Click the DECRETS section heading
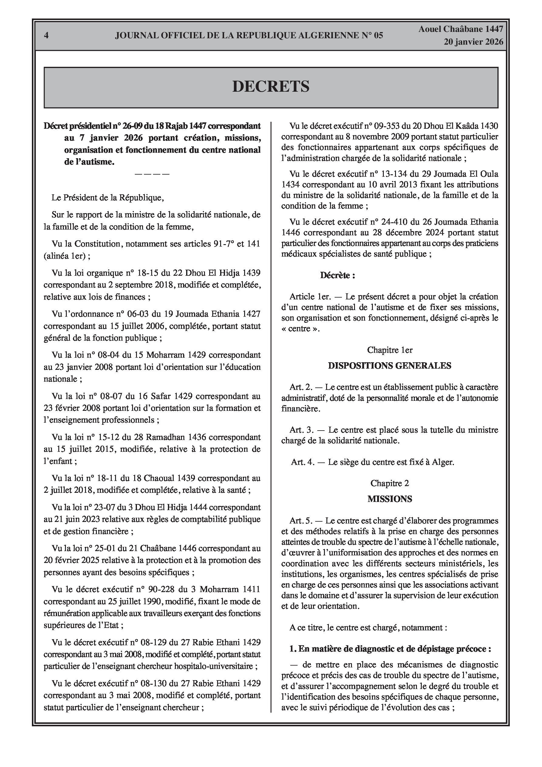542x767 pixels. point(271,87)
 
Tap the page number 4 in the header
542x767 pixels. point(46,36)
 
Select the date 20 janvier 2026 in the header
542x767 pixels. point(473,42)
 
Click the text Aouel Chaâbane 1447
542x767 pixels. point(461,29)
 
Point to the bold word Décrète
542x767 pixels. point(337,275)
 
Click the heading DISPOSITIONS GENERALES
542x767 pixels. point(390,366)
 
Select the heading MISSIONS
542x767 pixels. point(390,499)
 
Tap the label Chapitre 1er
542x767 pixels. point(390,350)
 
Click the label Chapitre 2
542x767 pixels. point(390,483)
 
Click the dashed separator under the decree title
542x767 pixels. point(152,174)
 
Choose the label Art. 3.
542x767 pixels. point(301,430)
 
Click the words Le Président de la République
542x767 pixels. point(107,197)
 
